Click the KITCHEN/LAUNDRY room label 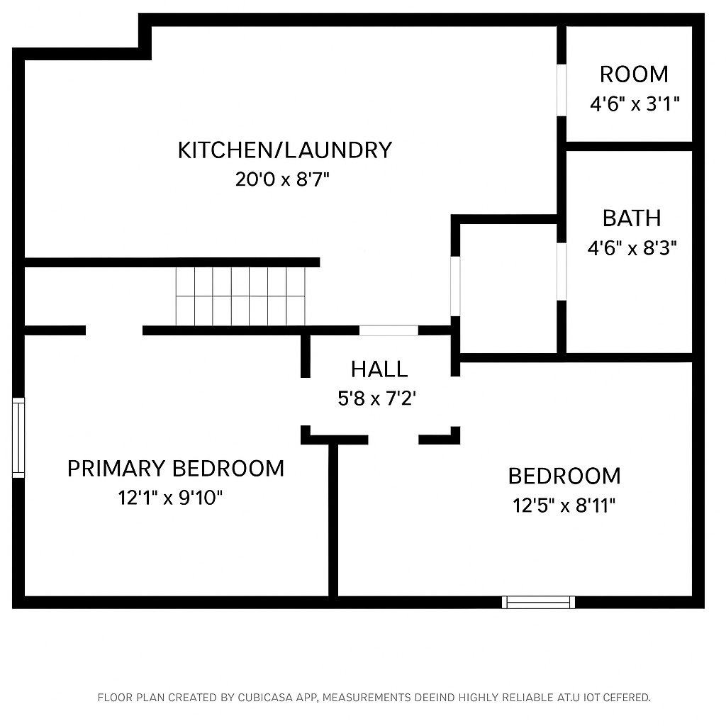coord(284,150)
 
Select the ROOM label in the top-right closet coord(634,74)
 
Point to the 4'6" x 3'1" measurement coord(635,105)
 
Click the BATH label coord(632,218)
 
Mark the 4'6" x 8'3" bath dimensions coord(632,248)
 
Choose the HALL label coord(379,369)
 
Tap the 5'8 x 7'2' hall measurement coord(376,399)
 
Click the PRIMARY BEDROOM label coord(175,469)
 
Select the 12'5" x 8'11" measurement coord(564,506)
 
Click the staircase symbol coord(240,296)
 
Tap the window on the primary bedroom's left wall coord(18,437)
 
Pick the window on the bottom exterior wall coord(539,603)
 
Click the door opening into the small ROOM coord(562,90)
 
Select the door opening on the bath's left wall coord(562,272)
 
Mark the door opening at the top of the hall coord(389,330)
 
